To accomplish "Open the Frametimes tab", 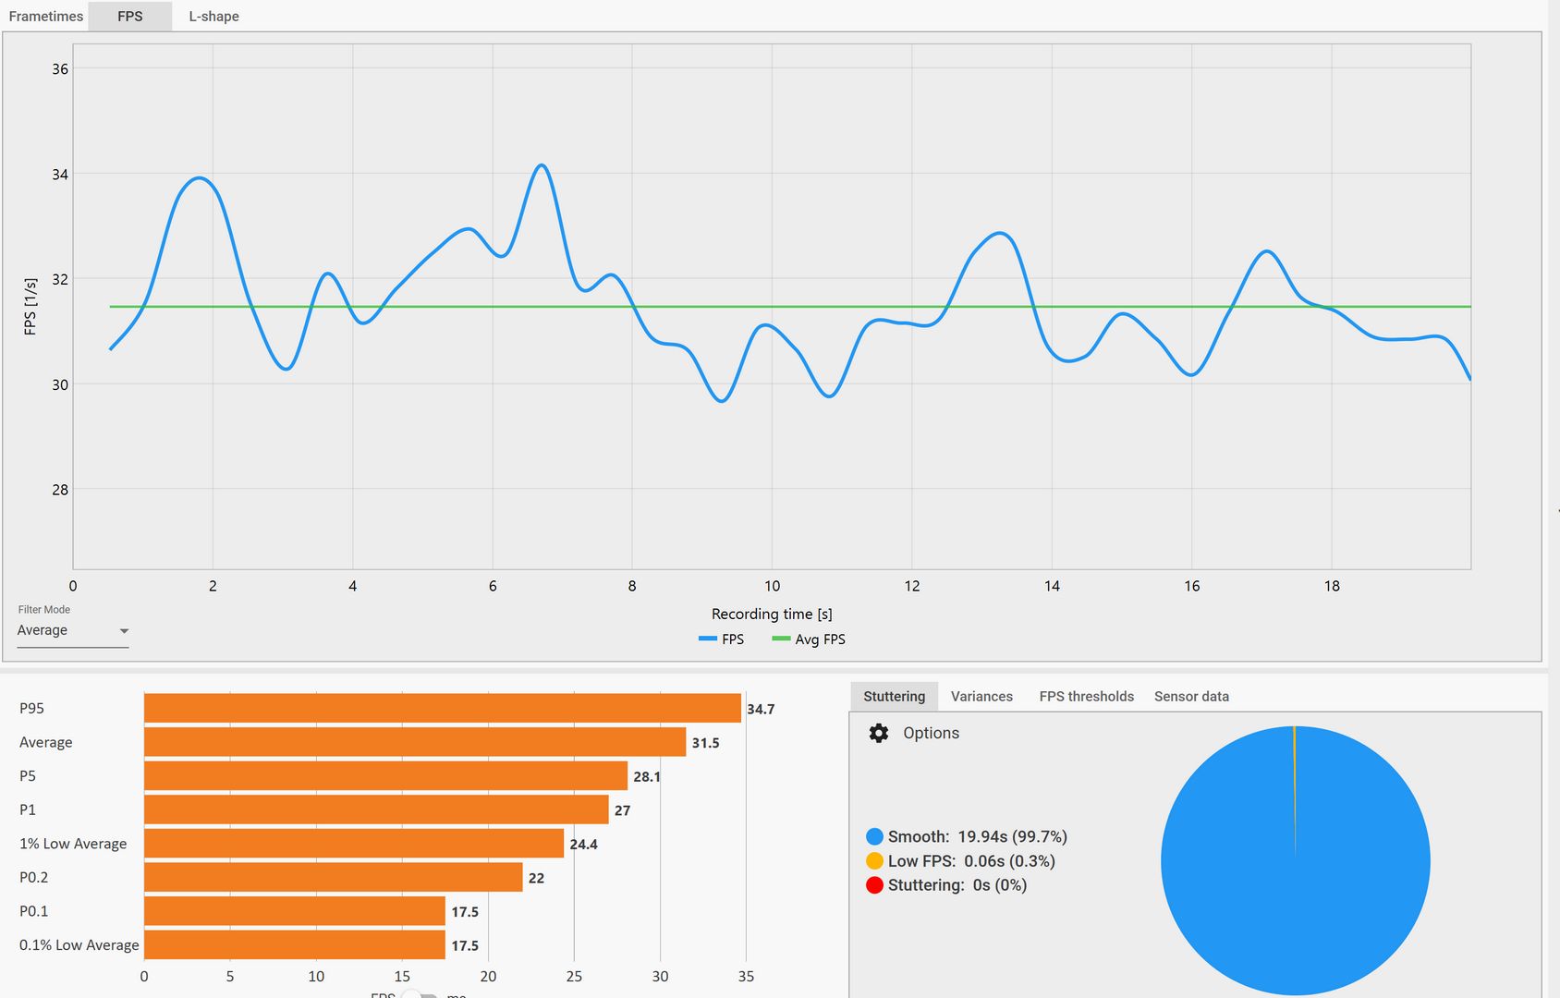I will (45, 17).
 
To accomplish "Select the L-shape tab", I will (213, 17).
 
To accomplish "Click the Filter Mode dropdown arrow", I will (124, 631).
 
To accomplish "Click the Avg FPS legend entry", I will (809, 639).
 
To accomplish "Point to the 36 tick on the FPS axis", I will (60, 69).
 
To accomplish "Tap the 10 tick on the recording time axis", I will (772, 586).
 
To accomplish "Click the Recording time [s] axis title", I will (772, 614).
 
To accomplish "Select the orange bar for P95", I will (442, 708).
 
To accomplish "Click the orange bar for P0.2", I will (333, 877).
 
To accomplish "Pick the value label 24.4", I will (583, 845).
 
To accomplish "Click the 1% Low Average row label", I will (73, 844).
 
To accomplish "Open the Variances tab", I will (981, 697).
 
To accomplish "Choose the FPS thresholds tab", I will (1086, 697).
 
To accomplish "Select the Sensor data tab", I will (1191, 697).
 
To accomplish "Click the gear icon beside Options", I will (879, 733).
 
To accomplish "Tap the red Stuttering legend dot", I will (874, 885).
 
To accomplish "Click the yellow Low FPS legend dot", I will (874, 861).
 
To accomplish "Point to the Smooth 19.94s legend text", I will (977, 837).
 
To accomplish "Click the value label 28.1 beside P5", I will (646, 777).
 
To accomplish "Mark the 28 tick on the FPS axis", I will (60, 490).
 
